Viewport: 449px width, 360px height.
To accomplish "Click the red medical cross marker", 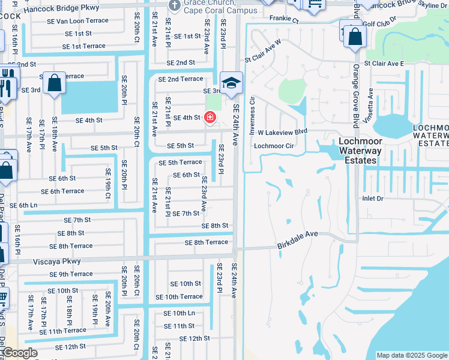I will pos(210,118).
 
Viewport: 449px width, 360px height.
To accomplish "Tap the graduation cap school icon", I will pos(231,84).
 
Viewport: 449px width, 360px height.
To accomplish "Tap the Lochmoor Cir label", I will pos(274,146).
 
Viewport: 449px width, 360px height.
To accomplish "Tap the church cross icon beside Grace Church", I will pos(174,6).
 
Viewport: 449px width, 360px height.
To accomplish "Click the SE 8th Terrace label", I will pos(206,242).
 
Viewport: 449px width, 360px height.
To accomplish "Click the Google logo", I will pos(20,353).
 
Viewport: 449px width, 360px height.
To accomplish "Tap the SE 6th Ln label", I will pos(23,205).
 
